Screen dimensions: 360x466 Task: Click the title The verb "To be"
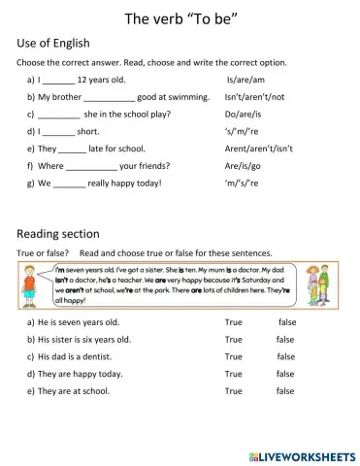coord(180,17)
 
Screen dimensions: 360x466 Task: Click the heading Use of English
coord(54,43)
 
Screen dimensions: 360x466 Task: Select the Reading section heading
coord(58,233)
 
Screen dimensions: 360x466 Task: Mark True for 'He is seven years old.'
coord(233,321)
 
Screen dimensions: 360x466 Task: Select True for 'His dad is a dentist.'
coord(233,356)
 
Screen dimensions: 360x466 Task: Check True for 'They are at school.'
coord(233,391)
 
